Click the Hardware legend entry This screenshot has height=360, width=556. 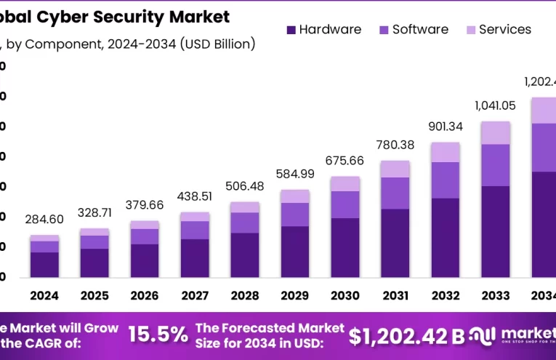323,30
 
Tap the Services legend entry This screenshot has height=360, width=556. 497,30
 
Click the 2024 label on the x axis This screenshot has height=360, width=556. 44,296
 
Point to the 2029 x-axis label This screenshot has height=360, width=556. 294,296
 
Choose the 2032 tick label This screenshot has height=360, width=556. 445,296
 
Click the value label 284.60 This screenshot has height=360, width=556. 44,220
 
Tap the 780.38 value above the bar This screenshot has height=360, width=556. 395,145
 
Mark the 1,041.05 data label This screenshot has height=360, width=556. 495,105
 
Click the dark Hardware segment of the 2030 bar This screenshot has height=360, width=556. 345,247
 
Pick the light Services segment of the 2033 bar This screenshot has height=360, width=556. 495,132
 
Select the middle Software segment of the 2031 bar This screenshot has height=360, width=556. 395,193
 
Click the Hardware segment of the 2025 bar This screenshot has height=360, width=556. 94,263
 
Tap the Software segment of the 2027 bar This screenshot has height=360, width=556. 194,230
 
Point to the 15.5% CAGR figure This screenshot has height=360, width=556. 158,335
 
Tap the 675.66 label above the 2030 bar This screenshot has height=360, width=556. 345,161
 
